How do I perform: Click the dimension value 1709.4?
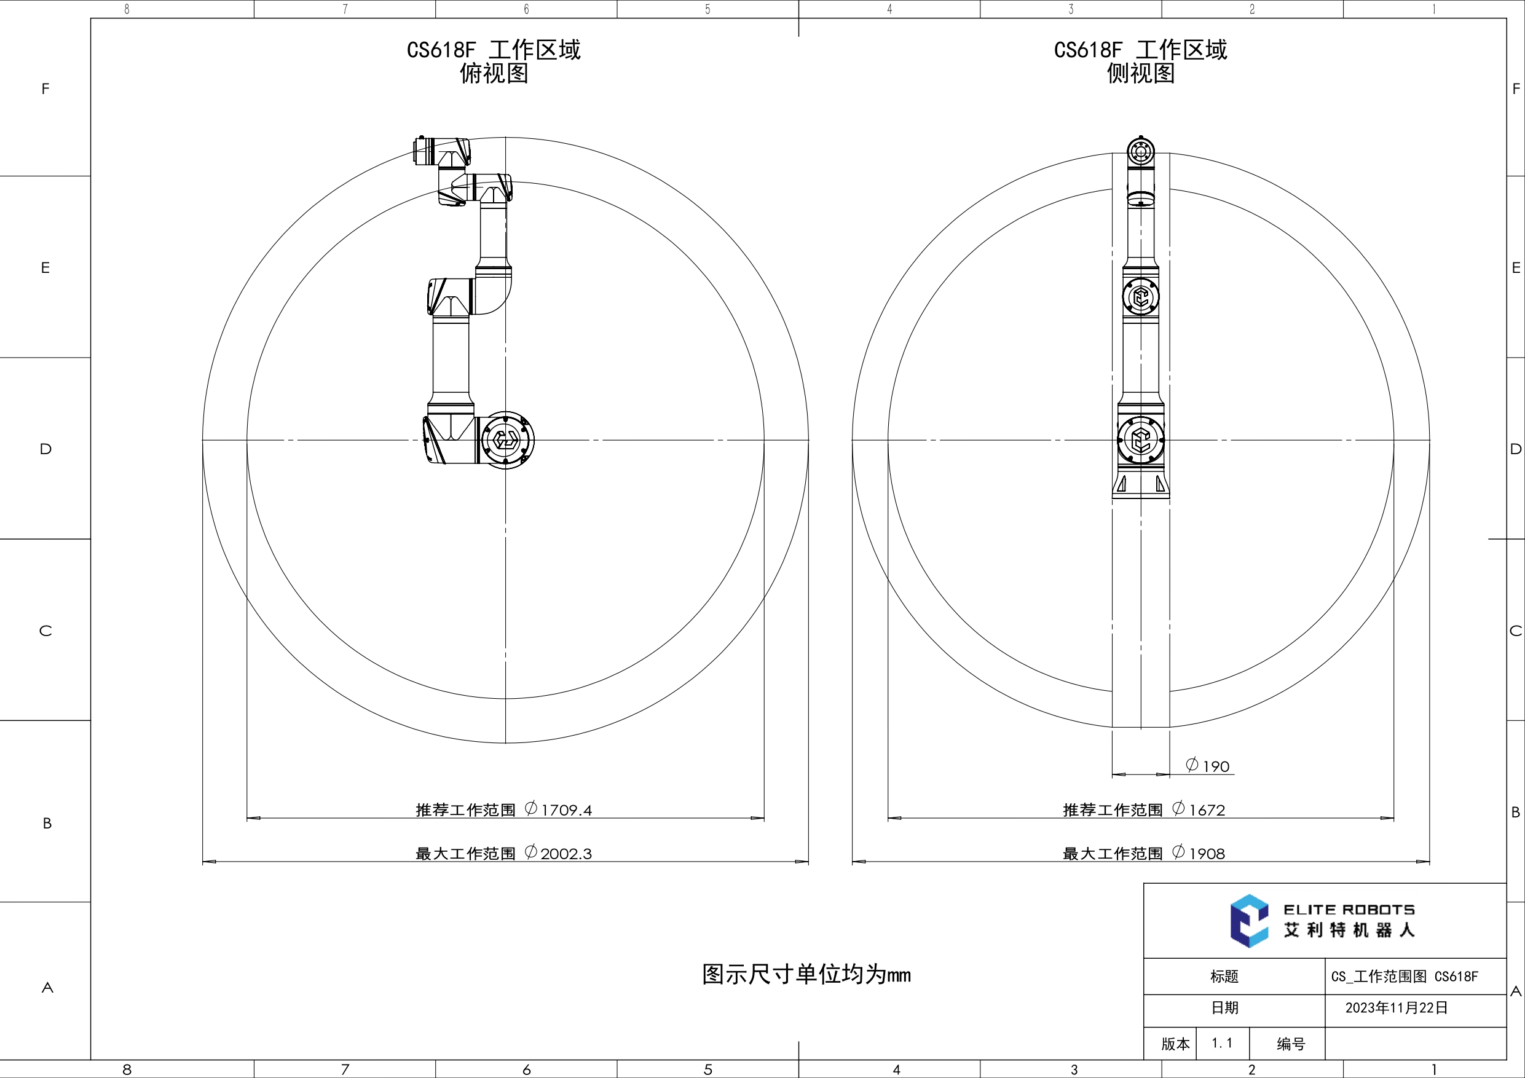566,809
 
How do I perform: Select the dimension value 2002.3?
565,854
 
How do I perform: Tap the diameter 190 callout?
1208,766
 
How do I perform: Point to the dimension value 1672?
1206,809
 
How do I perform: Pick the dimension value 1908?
1206,854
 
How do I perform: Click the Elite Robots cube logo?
1248,921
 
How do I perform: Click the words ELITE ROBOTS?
1349,909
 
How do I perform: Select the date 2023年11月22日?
1396,1007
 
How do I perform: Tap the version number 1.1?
1221,1043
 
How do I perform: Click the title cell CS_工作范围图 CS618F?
1404,977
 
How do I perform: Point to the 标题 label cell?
1224,977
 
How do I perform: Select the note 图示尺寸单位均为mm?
806,974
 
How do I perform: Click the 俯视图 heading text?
494,73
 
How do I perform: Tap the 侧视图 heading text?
1140,73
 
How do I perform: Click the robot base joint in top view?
505,439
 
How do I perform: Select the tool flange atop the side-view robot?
1140,152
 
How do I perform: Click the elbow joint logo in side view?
1140,297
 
